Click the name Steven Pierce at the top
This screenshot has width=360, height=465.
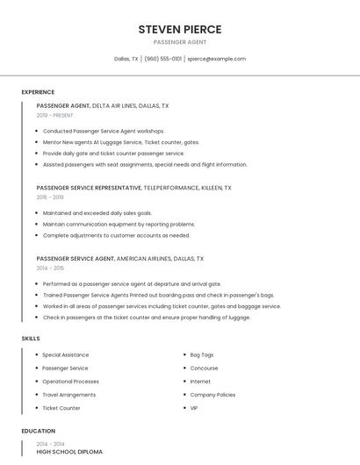(x=180, y=29)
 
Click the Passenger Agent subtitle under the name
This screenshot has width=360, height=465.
(x=180, y=42)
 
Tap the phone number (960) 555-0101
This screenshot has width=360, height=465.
(x=162, y=59)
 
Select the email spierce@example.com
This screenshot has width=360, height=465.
(x=216, y=59)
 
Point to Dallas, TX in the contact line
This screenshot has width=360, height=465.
(x=126, y=59)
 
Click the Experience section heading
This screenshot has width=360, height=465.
(x=38, y=92)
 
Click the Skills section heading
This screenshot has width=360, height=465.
(x=31, y=338)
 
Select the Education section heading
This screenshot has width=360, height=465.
(x=39, y=431)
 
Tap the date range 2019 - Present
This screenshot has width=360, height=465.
(x=54, y=115)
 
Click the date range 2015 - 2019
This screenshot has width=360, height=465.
(x=50, y=197)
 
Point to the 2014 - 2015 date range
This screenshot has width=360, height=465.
(x=50, y=268)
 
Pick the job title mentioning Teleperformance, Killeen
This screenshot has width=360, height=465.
(x=133, y=188)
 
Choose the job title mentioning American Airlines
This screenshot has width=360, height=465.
(x=119, y=259)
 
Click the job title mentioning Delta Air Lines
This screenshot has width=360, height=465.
(x=103, y=105)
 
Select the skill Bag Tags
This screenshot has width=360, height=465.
(x=202, y=354)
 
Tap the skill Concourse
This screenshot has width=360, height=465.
(x=204, y=368)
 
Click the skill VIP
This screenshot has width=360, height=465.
(x=194, y=408)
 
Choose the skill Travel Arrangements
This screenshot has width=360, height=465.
(x=68, y=395)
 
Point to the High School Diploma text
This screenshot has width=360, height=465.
(x=69, y=452)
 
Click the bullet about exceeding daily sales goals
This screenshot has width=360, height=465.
(x=97, y=213)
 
